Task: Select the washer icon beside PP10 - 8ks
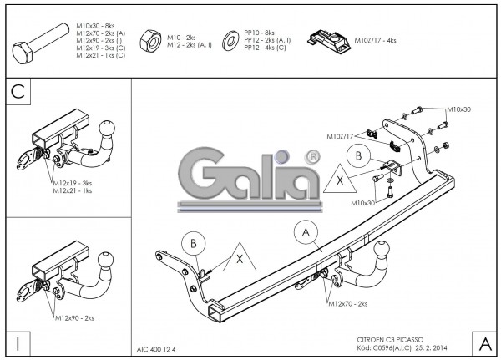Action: pos(230,39)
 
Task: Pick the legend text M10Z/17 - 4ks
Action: pos(376,40)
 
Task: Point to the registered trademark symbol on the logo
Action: pos(311,156)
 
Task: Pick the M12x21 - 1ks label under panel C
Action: pos(73,190)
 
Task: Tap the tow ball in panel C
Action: pos(109,129)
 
